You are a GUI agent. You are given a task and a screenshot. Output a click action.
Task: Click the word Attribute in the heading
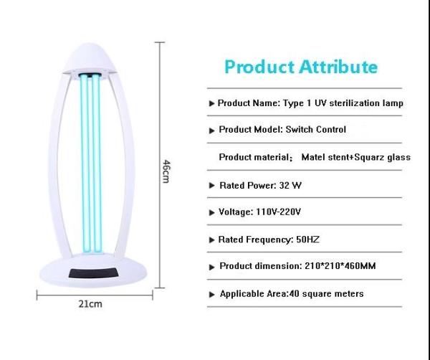tap(338, 67)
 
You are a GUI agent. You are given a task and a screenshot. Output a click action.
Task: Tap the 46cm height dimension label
tap(166, 171)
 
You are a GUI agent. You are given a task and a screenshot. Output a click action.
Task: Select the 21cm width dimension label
tap(90, 304)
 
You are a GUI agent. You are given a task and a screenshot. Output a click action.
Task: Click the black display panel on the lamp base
tap(94, 273)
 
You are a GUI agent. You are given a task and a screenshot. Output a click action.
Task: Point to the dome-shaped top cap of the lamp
tap(90, 58)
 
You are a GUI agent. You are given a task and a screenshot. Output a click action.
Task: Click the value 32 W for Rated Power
tap(290, 186)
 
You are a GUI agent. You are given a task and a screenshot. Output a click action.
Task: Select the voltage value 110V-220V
tap(278, 212)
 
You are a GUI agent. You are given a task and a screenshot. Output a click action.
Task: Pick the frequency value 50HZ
tap(307, 240)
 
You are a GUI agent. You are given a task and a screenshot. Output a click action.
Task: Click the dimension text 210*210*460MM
tap(340, 266)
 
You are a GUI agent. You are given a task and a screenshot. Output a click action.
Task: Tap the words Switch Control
tap(315, 129)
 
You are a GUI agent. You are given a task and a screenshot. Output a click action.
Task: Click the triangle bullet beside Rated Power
tap(211, 186)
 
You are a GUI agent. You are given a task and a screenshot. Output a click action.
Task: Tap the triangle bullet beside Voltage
tap(211, 212)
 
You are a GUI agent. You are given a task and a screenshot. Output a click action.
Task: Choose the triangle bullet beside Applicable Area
tap(211, 295)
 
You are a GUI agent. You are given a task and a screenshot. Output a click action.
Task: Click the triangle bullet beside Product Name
tap(211, 103)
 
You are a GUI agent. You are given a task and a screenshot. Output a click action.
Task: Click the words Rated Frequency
tap(255, 240)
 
